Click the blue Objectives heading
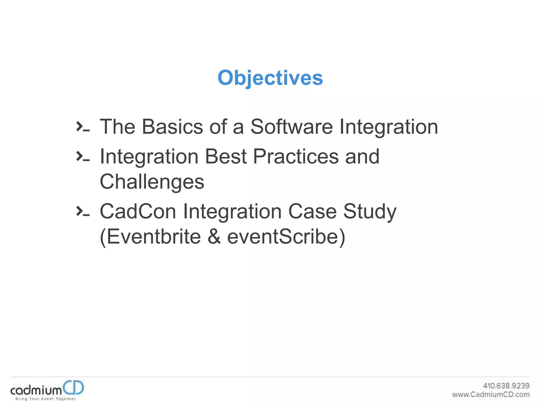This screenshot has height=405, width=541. click(270, 78)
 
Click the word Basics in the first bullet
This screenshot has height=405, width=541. click(172, 127)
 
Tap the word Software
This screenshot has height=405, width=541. click(291, 127)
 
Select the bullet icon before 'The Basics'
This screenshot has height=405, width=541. click(83, 127)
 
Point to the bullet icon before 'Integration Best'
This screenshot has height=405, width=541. click(83, 156)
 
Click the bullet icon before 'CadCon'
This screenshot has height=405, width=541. click(83, 211)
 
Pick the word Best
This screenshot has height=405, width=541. click(226, 156)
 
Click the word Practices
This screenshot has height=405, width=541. click(296, 156)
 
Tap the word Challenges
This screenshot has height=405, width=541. click(152, 182)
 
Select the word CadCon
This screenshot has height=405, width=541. click(138, 211)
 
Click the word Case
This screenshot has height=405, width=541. click(312, 211)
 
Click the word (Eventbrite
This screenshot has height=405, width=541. click(150, 237)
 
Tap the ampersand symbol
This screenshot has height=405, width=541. click(214, 237)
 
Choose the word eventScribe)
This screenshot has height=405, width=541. click(286, 237)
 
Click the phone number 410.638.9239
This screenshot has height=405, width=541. click(506, 386)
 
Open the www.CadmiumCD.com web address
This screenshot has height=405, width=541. click(491, 394)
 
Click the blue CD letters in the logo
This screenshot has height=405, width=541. click(73, 388)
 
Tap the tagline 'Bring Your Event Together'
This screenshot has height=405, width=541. click(45, 399)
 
